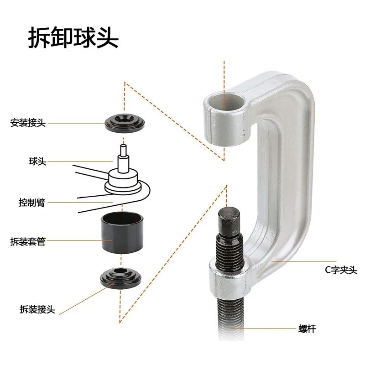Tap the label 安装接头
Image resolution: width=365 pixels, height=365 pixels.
(28, 123)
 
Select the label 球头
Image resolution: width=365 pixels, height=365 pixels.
(37, 162)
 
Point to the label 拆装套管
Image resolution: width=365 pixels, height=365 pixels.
(28, 241)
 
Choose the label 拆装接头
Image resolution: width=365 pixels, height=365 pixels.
(37, 309)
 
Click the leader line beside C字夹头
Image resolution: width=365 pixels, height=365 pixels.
(297, 261)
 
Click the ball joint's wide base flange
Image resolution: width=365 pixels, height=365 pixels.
(122, 185)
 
